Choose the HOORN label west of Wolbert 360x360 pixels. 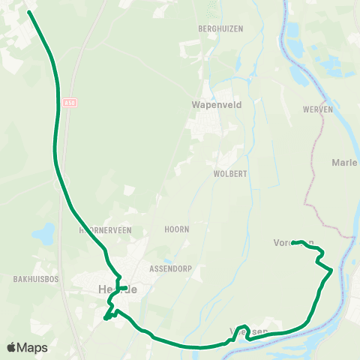click(x=177, y=229)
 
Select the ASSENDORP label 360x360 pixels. click(x=169, y=266)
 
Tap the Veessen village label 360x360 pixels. click(x=247, y=331)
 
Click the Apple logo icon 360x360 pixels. click(x=12, y=347)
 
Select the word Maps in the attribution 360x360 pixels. click(x=32, y=347)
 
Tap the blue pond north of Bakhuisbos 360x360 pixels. click(x=43, y=235)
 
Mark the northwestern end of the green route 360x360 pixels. click(x=30, y=12)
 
